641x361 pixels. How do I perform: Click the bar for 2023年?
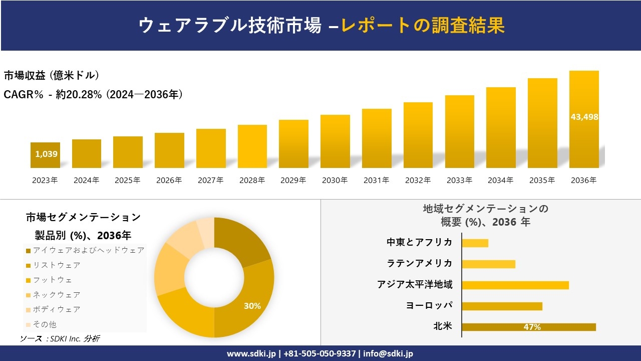[x=45, y=155]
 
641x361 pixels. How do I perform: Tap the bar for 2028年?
[x=252, y=146]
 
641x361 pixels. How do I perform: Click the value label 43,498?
[x=584, y=117]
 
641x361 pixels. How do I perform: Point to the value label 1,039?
[x=46, y=154]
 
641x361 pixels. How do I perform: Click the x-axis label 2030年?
[x=335, y=180]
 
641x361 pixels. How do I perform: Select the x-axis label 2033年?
[x=459, y=180]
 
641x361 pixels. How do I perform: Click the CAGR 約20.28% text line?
[x=93, y=94]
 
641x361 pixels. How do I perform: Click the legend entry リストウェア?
[x=56, y=265]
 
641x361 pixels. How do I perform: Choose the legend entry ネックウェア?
[x=56, y=295]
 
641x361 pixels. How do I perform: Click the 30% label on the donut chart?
[x=252, y=306]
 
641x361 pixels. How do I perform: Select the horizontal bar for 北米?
[x=529, y=327]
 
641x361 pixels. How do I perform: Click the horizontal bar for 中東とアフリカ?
[x=475, y=243]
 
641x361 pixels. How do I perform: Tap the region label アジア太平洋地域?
[x=415, y=285]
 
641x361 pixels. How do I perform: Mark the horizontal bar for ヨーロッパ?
[x=502, y=306]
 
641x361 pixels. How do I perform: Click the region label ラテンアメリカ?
[x=420, y=263]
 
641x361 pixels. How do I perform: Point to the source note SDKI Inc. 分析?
[x=60, y=339]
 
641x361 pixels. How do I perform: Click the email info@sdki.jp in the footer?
[x=388, y=353]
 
